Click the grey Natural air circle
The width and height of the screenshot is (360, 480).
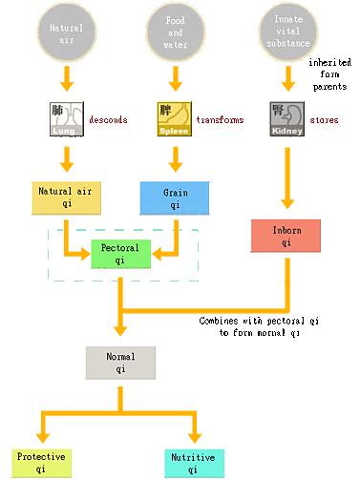coord(67,32)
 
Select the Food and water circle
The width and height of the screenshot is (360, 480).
coord(175,32)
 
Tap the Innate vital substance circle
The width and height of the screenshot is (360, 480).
coord(288,31)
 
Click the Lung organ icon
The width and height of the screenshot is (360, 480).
coord(67,119)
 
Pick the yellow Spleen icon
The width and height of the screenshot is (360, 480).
coord(175,119)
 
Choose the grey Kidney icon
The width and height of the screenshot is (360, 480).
coord(287,119)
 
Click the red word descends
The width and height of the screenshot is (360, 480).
coord(108,120)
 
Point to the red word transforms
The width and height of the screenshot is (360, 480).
coord(220,120)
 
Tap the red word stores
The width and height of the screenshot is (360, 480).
coord(324,120)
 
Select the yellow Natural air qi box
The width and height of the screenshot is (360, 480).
coord(66,198)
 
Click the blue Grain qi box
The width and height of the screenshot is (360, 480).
coord(175,198)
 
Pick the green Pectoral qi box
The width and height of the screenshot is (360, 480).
coord(120,254)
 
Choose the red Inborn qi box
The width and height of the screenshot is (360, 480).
coord(286,236)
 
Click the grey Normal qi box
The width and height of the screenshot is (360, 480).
coord(120,363)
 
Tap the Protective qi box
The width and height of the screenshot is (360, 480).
coord(41,463)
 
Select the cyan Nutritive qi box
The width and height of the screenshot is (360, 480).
coord(194,464)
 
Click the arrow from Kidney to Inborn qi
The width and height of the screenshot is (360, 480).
coord(287,177)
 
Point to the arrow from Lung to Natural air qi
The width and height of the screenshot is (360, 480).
coord(67,159)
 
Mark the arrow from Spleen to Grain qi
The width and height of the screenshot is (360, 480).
coord(175,159)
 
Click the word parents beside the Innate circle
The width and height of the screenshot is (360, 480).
coord(329,87)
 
